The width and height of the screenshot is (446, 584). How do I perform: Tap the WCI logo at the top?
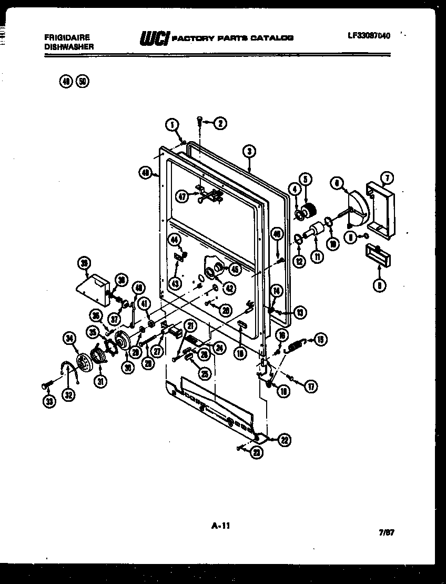153,38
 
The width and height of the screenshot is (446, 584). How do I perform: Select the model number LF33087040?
369,36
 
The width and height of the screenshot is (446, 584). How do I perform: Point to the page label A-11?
221,525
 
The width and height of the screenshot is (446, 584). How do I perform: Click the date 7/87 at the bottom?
387,532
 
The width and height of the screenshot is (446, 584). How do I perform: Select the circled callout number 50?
83,81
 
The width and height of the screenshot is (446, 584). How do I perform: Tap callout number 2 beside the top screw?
220,123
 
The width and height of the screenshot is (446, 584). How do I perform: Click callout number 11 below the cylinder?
317,258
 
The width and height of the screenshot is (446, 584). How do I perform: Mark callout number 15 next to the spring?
320,340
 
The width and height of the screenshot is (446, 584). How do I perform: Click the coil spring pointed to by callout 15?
295,345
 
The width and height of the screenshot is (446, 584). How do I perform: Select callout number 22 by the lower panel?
284,441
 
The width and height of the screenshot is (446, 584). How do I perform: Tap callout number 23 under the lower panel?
256,452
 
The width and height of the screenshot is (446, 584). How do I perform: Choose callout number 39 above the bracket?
84,263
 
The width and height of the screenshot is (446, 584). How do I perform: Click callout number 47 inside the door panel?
182,197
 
